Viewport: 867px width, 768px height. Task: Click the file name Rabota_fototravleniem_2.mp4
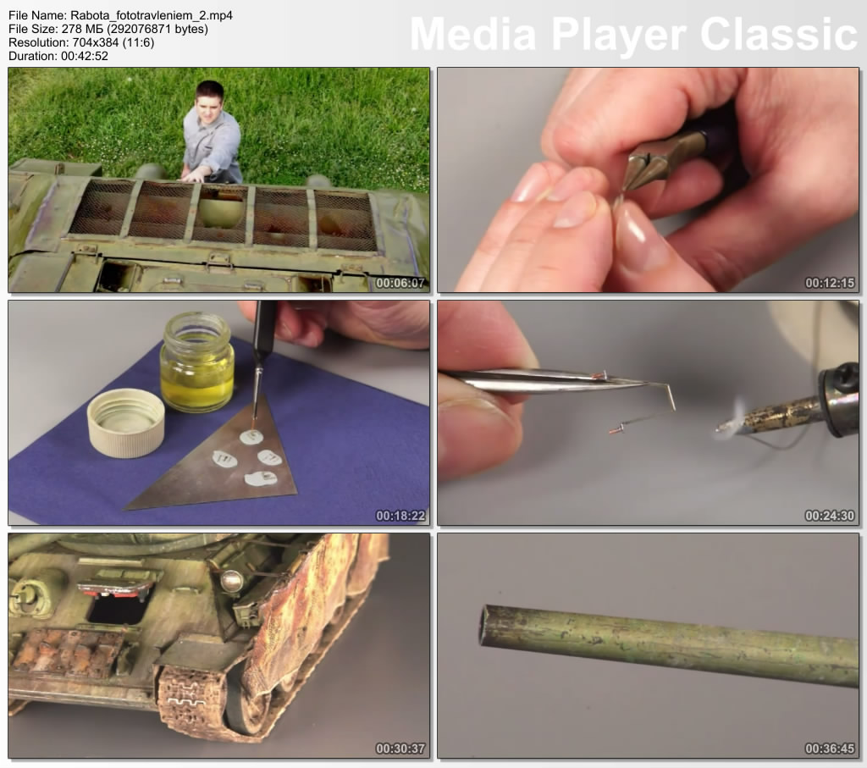point(152,15)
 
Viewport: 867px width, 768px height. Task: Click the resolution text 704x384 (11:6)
point(113,42)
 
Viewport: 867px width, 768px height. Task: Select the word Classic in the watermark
point(779,34)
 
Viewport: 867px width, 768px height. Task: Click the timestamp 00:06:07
point(400,283)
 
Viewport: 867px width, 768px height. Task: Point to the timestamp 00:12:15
point(830,283)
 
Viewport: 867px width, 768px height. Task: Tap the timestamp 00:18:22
point(400,516)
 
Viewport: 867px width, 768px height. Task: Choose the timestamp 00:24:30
point(830,516)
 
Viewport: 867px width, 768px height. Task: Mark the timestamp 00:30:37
point(400,749)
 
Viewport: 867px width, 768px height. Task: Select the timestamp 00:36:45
point(830,749)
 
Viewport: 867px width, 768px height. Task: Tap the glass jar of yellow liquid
point(196,362)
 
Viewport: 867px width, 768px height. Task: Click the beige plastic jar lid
point(126,423)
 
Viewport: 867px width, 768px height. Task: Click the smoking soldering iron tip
point(721,428)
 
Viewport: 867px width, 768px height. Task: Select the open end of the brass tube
point(486,626)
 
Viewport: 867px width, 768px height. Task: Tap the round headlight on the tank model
point(232,582)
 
